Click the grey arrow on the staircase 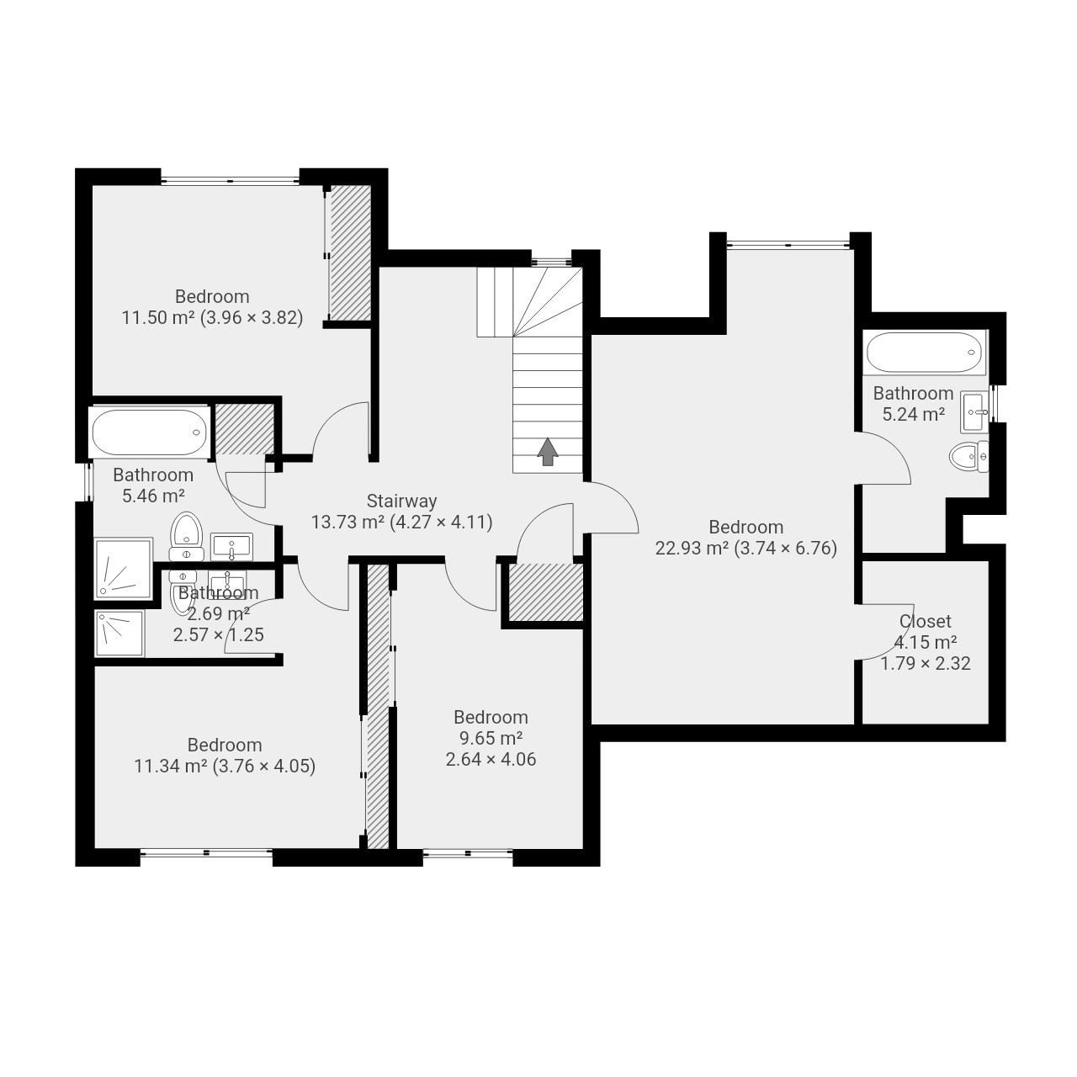click(547, 452)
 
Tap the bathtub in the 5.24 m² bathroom click(925, 352)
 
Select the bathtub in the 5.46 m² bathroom click(149, 432)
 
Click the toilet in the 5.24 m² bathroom click(968, 457)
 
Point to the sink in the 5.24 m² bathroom click(974, 412)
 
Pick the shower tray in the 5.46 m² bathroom click(124, 568)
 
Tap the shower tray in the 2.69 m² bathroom click(119, 634)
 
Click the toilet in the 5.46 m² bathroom click(187, 536)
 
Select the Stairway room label click(401, 501)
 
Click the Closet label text click(925, 621)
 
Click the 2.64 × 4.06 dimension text click(491, 759)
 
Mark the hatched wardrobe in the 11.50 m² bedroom click(350, 253)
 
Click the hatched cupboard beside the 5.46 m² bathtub click(245, 429)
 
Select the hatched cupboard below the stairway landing click(547, 592)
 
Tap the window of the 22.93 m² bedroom click(788, 244)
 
